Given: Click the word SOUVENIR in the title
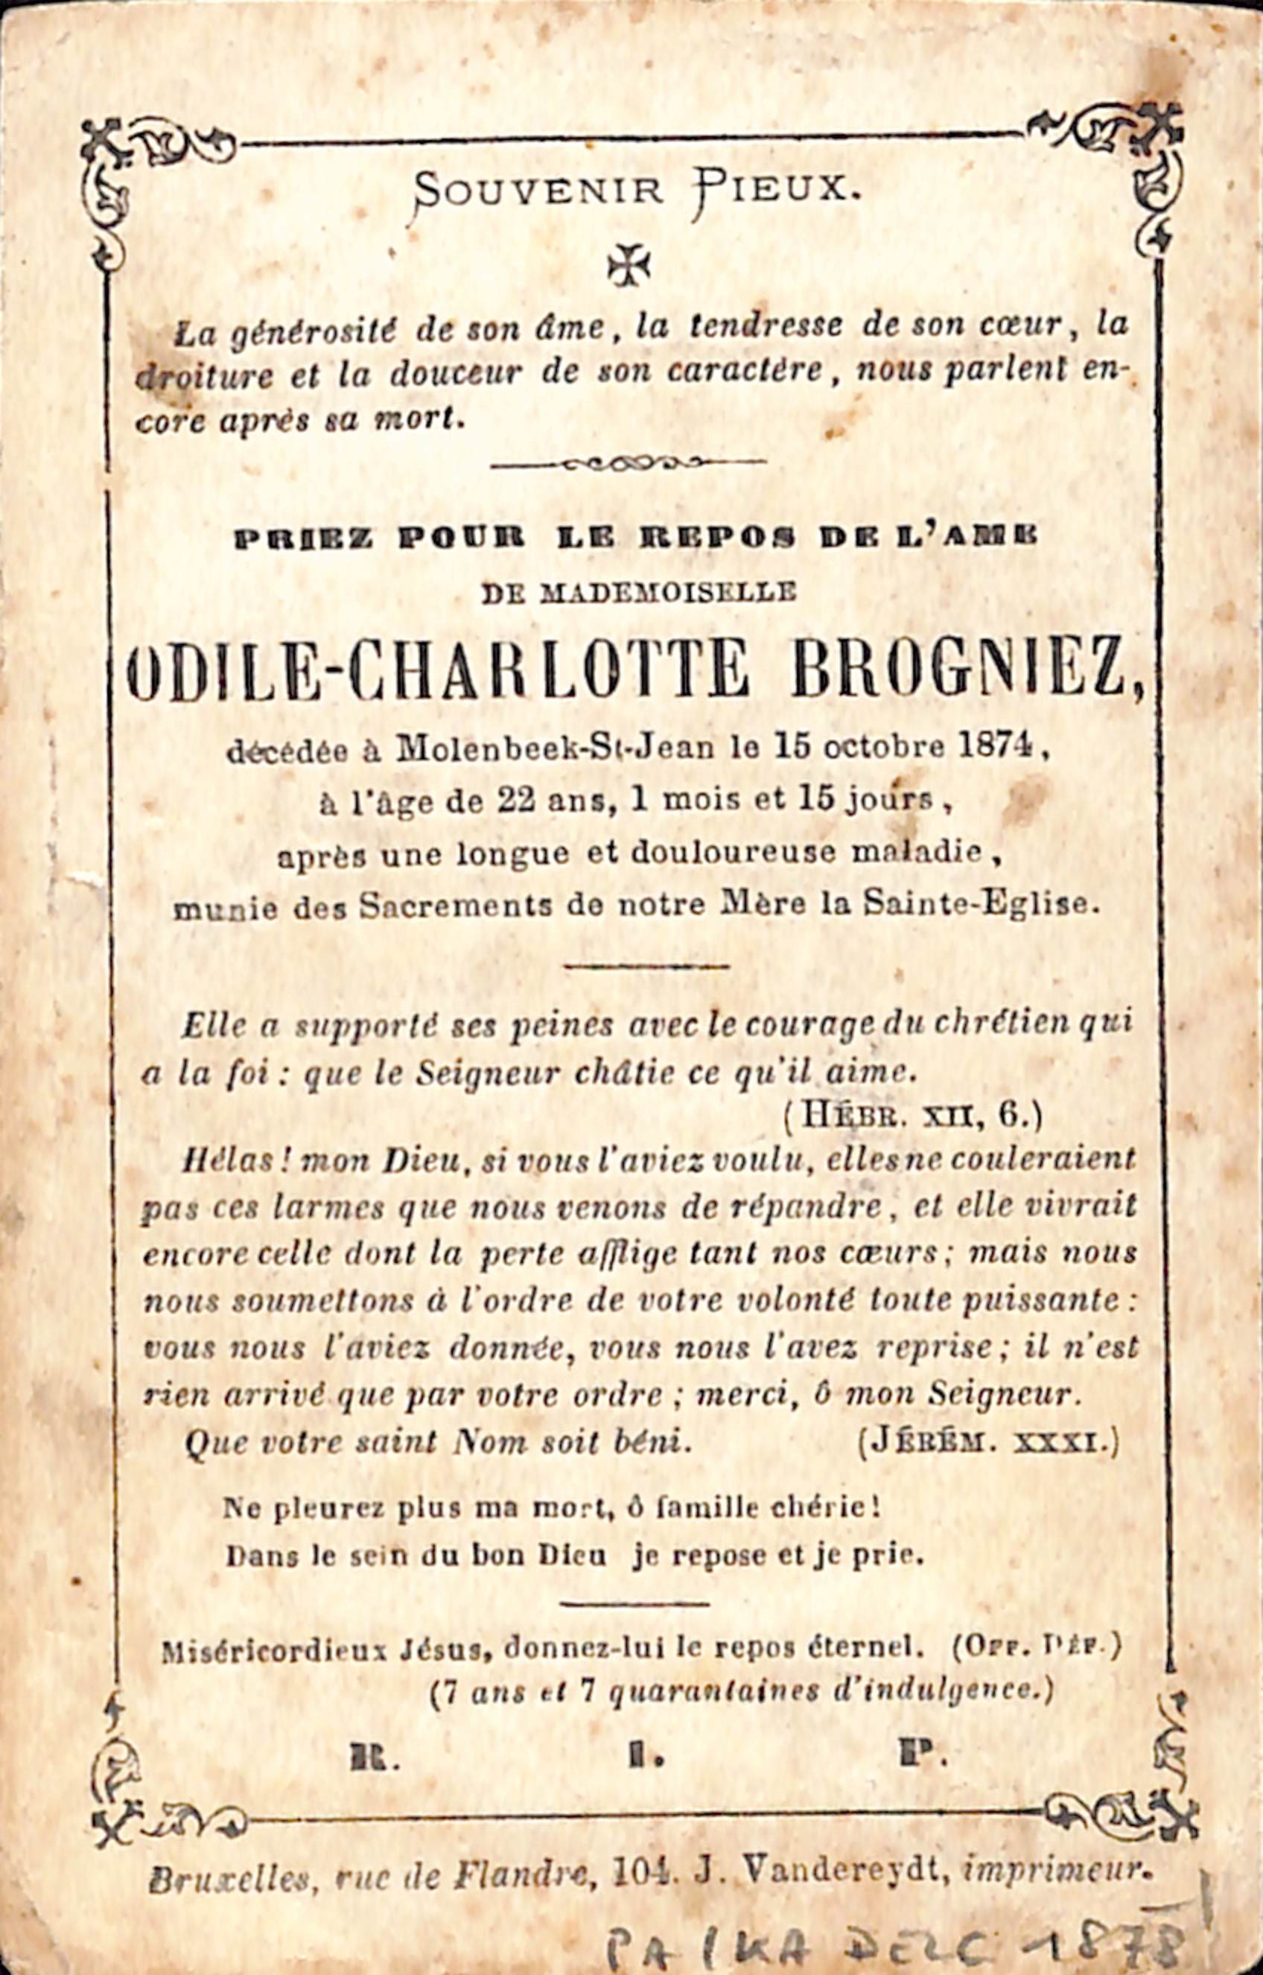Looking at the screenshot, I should pos(538,191).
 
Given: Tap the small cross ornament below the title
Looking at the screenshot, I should pos(629,265).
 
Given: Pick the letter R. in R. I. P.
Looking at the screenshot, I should pos(375,1756).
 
